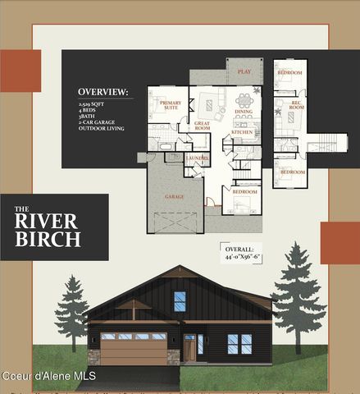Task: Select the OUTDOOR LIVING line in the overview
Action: click(x=101, y=129)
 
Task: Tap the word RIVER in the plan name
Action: click(x=47, y=221)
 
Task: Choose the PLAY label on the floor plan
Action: click(x=244, y=72)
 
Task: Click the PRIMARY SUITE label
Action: click(x=170, y=105)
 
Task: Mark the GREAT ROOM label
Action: click(x=202, y=126)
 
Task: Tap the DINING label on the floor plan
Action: click(x=244, y=111)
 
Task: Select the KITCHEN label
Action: click(x=242, y=131)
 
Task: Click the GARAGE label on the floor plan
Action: click(x=174, y=197)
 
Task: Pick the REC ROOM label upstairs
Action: click(x=296, y=105)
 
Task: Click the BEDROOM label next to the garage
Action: click(x=244, y=191)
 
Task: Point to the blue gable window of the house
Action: click(x=180, y=301)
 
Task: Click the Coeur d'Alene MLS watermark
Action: click(x=49, y=376)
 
